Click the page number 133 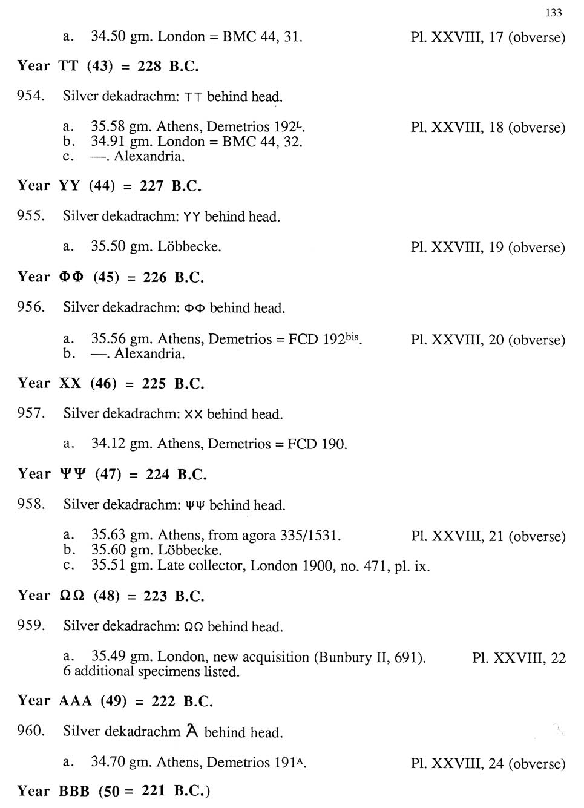click(x=554, y=13)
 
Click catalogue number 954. click(x=30, y=96)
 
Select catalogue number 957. click(x=31, y=413)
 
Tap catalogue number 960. click(x=31, y=731)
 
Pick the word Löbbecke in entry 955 click(x=189, y=247)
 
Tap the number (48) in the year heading click(x=107, y=596)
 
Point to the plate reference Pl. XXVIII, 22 click(x=519, y=657)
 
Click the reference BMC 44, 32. click(x=262, y=142)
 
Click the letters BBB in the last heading click(x=74, y=792)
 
